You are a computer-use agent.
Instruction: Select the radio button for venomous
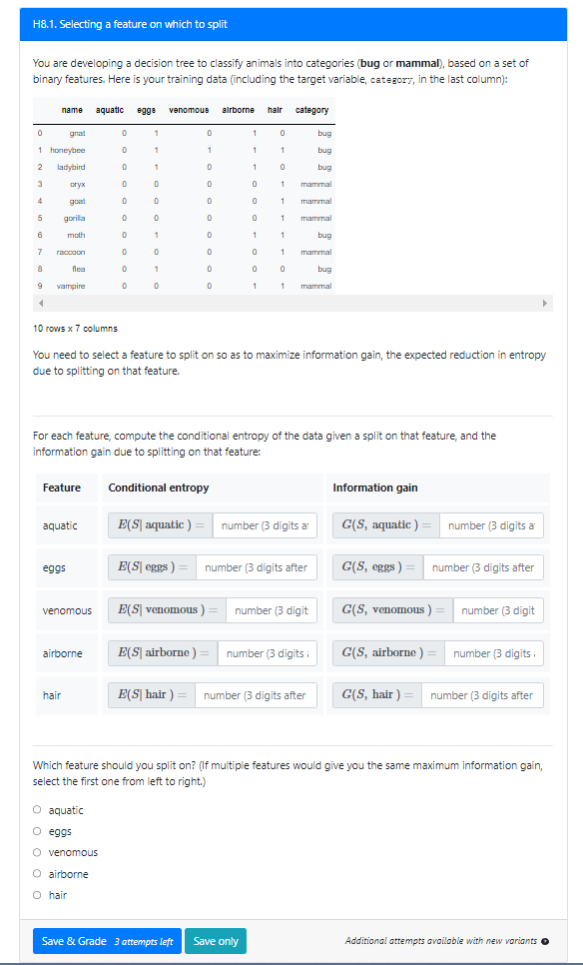click(37, 852)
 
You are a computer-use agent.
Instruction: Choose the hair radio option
click(37, 895)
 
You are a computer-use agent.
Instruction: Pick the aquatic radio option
click(37, 810)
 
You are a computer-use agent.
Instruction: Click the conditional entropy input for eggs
click(256, 567)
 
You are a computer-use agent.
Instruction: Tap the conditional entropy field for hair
click(256, 695)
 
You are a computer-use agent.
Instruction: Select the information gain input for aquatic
click(493, 525)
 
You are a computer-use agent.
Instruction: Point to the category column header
click(311, 110)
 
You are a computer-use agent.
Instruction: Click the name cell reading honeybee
click(68, 150)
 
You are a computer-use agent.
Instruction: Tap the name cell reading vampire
click(70, 286)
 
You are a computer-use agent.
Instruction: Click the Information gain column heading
click(375, 487)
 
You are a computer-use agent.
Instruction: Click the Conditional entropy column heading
click(159, 487)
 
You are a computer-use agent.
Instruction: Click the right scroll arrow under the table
click(545, 302)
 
